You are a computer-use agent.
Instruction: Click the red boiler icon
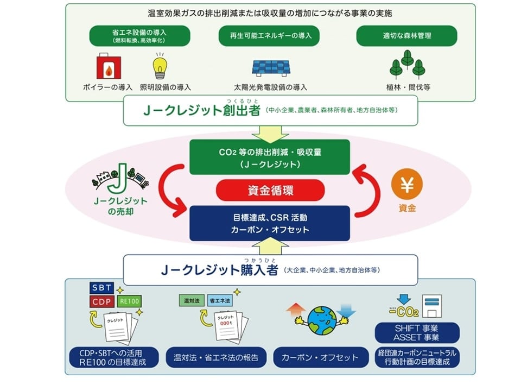(x=107, y=68)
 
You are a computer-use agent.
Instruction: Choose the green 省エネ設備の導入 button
(x=140, y=36)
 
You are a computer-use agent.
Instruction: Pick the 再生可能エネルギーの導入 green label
(x=269, y=36)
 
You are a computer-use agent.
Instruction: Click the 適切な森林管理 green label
(x=406, y=36)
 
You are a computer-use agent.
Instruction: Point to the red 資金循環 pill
(x=270, y=191)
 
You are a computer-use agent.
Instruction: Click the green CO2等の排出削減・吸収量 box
(x=270, y=157)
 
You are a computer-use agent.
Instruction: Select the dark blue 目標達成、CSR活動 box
(x=270, y=223)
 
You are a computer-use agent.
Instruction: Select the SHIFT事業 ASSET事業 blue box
(x=417, y=332)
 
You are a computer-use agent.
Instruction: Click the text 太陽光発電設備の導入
(x=270, y=87)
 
